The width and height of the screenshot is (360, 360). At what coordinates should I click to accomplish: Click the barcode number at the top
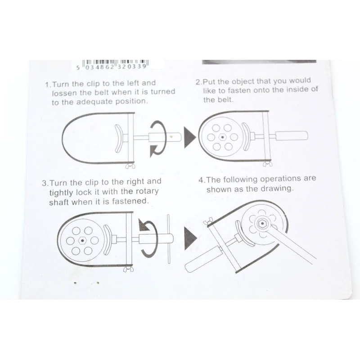112,67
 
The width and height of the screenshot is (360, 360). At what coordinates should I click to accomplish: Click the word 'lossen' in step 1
64,93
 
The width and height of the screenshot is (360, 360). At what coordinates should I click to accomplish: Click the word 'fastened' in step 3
130,201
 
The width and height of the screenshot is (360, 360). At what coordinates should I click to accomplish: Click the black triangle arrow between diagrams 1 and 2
190,137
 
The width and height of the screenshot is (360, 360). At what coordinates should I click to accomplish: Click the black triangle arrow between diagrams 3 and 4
190,238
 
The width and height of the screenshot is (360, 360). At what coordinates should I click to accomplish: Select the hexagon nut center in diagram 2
222,137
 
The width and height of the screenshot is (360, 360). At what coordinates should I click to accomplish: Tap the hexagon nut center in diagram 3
82,241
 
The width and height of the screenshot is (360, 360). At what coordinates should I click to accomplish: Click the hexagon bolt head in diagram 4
262,223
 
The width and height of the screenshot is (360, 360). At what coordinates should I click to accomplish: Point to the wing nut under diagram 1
130,166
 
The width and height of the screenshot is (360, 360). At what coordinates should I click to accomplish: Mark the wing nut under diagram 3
128,269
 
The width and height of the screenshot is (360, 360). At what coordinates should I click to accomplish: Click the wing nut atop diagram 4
208,221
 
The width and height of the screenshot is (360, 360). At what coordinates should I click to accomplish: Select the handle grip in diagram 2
292,136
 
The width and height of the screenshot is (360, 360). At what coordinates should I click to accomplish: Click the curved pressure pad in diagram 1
118,139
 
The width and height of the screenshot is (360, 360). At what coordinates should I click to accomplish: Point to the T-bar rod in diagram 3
169,239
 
